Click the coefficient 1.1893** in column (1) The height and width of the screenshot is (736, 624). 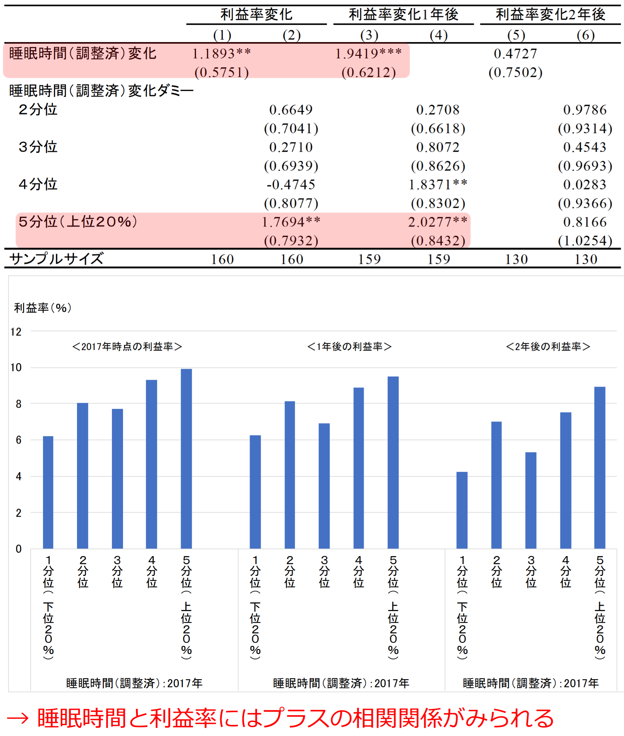[x=222, y=54]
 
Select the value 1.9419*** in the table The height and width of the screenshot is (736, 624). [x=368, y=54]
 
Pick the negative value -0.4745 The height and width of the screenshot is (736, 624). [x=291, y=185]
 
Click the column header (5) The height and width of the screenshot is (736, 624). [x=516, y=35]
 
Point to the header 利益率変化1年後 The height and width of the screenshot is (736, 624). [x=404, y=14]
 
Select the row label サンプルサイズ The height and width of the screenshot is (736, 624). [x=56, y=259]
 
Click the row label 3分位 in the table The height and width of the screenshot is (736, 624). [x=38, y=147]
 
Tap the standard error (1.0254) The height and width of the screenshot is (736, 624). [x=585, y=241]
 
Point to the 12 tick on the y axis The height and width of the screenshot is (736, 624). [x=16, y=332]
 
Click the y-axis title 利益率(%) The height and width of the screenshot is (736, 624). [x=43, y=308]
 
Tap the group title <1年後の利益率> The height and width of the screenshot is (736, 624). [x=350, y=346]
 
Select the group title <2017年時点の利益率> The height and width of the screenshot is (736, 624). [x=127, y=346]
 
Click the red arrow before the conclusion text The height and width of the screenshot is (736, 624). [x=18, y=718]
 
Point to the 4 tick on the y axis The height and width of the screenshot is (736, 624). [x=18, y=477]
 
